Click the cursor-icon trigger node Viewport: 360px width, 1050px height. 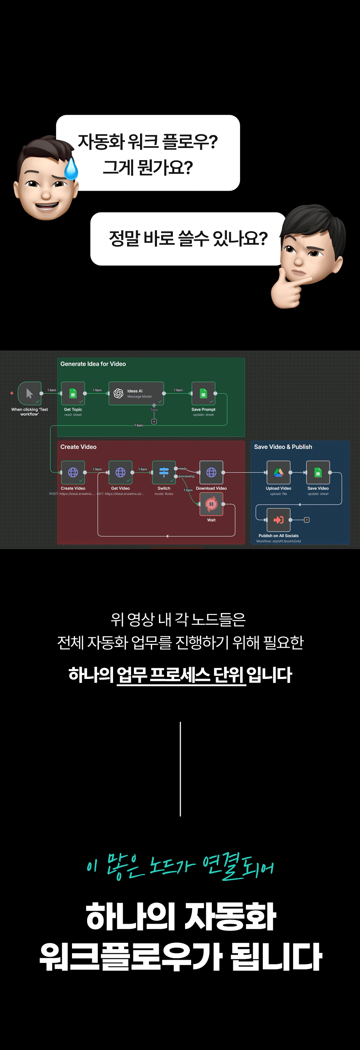click(x=30, y=393)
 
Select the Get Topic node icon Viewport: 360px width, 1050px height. click(x=73, y=393)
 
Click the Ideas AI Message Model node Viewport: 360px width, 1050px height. click(x=136, y=393)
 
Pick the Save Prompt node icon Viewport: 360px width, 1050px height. click(x=203, y=393)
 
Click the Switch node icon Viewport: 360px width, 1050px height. click(x=164, y=472)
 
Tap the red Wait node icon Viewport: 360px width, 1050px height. click(x=211, y=504)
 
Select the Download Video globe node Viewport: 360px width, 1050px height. click(x=211, y=472)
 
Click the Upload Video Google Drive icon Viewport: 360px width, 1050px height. click(x=278, y=472)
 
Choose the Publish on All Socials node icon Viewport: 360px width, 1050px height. click(x=278, y=520)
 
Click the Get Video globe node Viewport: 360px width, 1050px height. click(x=120, y=472)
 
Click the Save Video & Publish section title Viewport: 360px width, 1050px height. click(x=283, y=447)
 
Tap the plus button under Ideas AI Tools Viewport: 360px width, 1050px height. click(x=154, y=421)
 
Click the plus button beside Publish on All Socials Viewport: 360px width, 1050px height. click(x=307, y=520)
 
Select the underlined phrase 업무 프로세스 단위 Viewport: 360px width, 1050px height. click(x=181, y=675)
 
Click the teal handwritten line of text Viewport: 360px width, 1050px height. click(x=180, y=866)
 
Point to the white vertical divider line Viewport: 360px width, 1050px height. click(x=180, y=769)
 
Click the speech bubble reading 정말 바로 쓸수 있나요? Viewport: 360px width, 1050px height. click(x=188, y=239)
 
